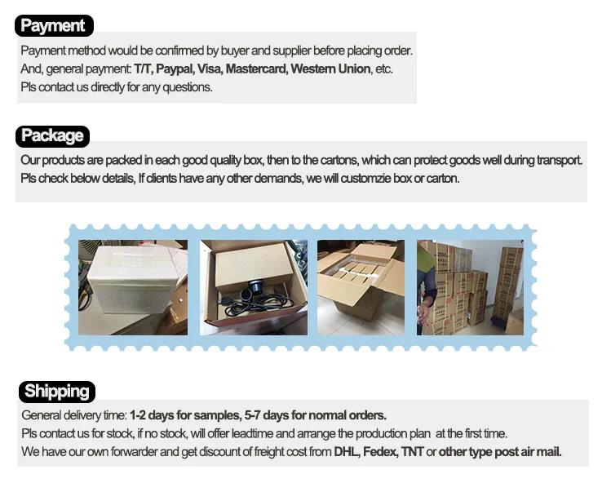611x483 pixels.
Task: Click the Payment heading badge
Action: [54, 26]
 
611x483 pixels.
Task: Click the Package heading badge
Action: [52, 136]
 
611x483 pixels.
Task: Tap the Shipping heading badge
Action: [57, 392]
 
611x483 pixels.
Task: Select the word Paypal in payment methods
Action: [175, 69]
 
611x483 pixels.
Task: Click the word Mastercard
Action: [256, 69]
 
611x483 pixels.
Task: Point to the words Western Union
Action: [330, 69]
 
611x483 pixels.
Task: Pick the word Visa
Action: [210, 69]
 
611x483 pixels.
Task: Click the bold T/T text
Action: [143, 69]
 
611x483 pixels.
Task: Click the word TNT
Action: [412, 452]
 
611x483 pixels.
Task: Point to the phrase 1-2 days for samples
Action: [184, 415]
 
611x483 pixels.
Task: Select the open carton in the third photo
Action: [361, 281]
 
